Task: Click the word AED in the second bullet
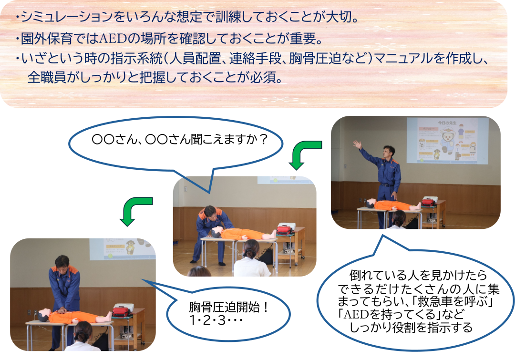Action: tap(113, 39)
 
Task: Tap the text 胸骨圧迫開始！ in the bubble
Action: tap(229, 308)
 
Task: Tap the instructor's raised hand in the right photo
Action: tap(357, 144)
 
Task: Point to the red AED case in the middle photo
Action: tap(284, 229)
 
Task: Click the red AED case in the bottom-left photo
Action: tap(122, 311)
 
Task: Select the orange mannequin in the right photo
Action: tap(393, 205)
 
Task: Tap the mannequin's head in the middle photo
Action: tap(216, 232)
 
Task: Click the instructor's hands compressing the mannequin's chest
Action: tap(61, 310)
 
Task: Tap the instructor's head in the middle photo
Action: tap(210, 214)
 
